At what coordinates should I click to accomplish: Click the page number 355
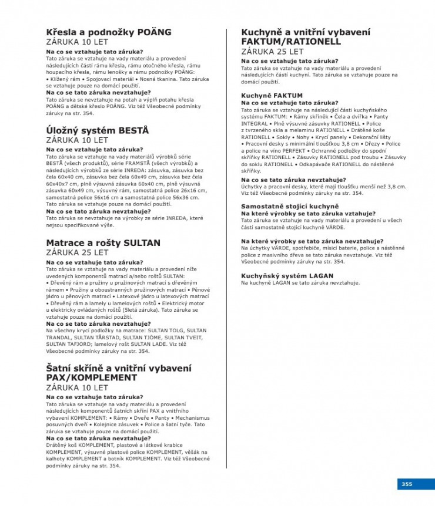pyautogui.click(x=407, y=484)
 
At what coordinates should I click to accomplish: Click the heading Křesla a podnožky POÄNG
pyautogui.click(x=109, y=32)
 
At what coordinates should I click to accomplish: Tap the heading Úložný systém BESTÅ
pyautogui.click(x=97, y=130)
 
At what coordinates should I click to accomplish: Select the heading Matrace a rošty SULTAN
pyautogui.click(x=103, y=242)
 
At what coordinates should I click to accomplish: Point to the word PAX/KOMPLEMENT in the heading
pyautogui.click(x=91, y=377)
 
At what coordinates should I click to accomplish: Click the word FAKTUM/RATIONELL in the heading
pyautogui.click(x=291, y=42)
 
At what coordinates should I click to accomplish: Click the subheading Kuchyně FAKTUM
pyautogui.click(x=272, y=95)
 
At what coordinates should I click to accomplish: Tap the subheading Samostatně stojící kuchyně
pyautogui.click(x=290, y=206)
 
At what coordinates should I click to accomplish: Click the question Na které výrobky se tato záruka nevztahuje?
pyautogui.click(x=312, y=241)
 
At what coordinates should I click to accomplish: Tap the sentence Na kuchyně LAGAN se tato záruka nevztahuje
pyautogui.click(x=300, y=283)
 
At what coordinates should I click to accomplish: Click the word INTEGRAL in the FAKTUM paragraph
pyautogui.click(x=255, y=124)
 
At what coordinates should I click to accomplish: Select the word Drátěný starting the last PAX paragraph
pyautogui.click(x=57, y=446)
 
